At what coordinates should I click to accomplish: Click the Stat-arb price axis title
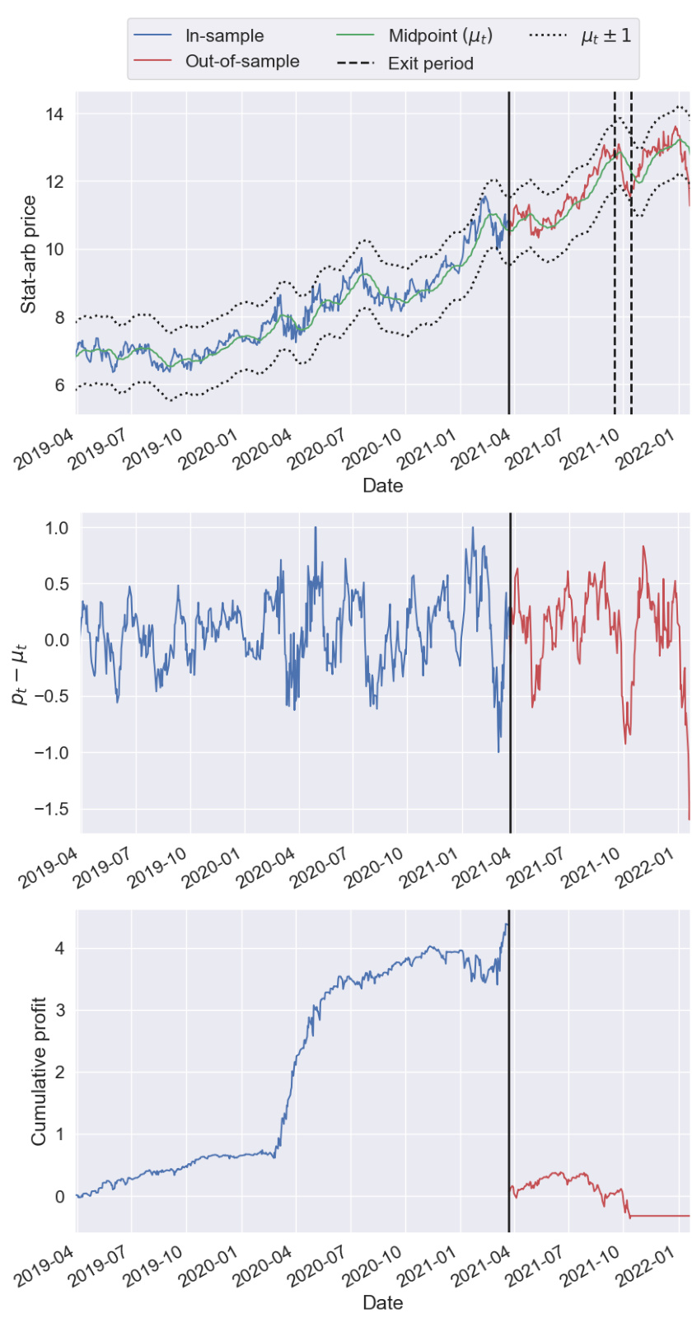(x=29, y=255)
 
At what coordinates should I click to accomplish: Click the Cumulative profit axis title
(x=38, y=1072)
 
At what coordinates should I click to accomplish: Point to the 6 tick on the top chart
(x=59, y=386)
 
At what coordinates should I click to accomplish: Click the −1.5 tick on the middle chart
(x=51, y=809)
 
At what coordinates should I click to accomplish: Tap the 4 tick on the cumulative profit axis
(x=59, y=949)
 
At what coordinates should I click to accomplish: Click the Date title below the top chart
(x=383, y=486)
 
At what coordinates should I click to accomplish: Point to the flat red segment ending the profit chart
(x=659, y=1216)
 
